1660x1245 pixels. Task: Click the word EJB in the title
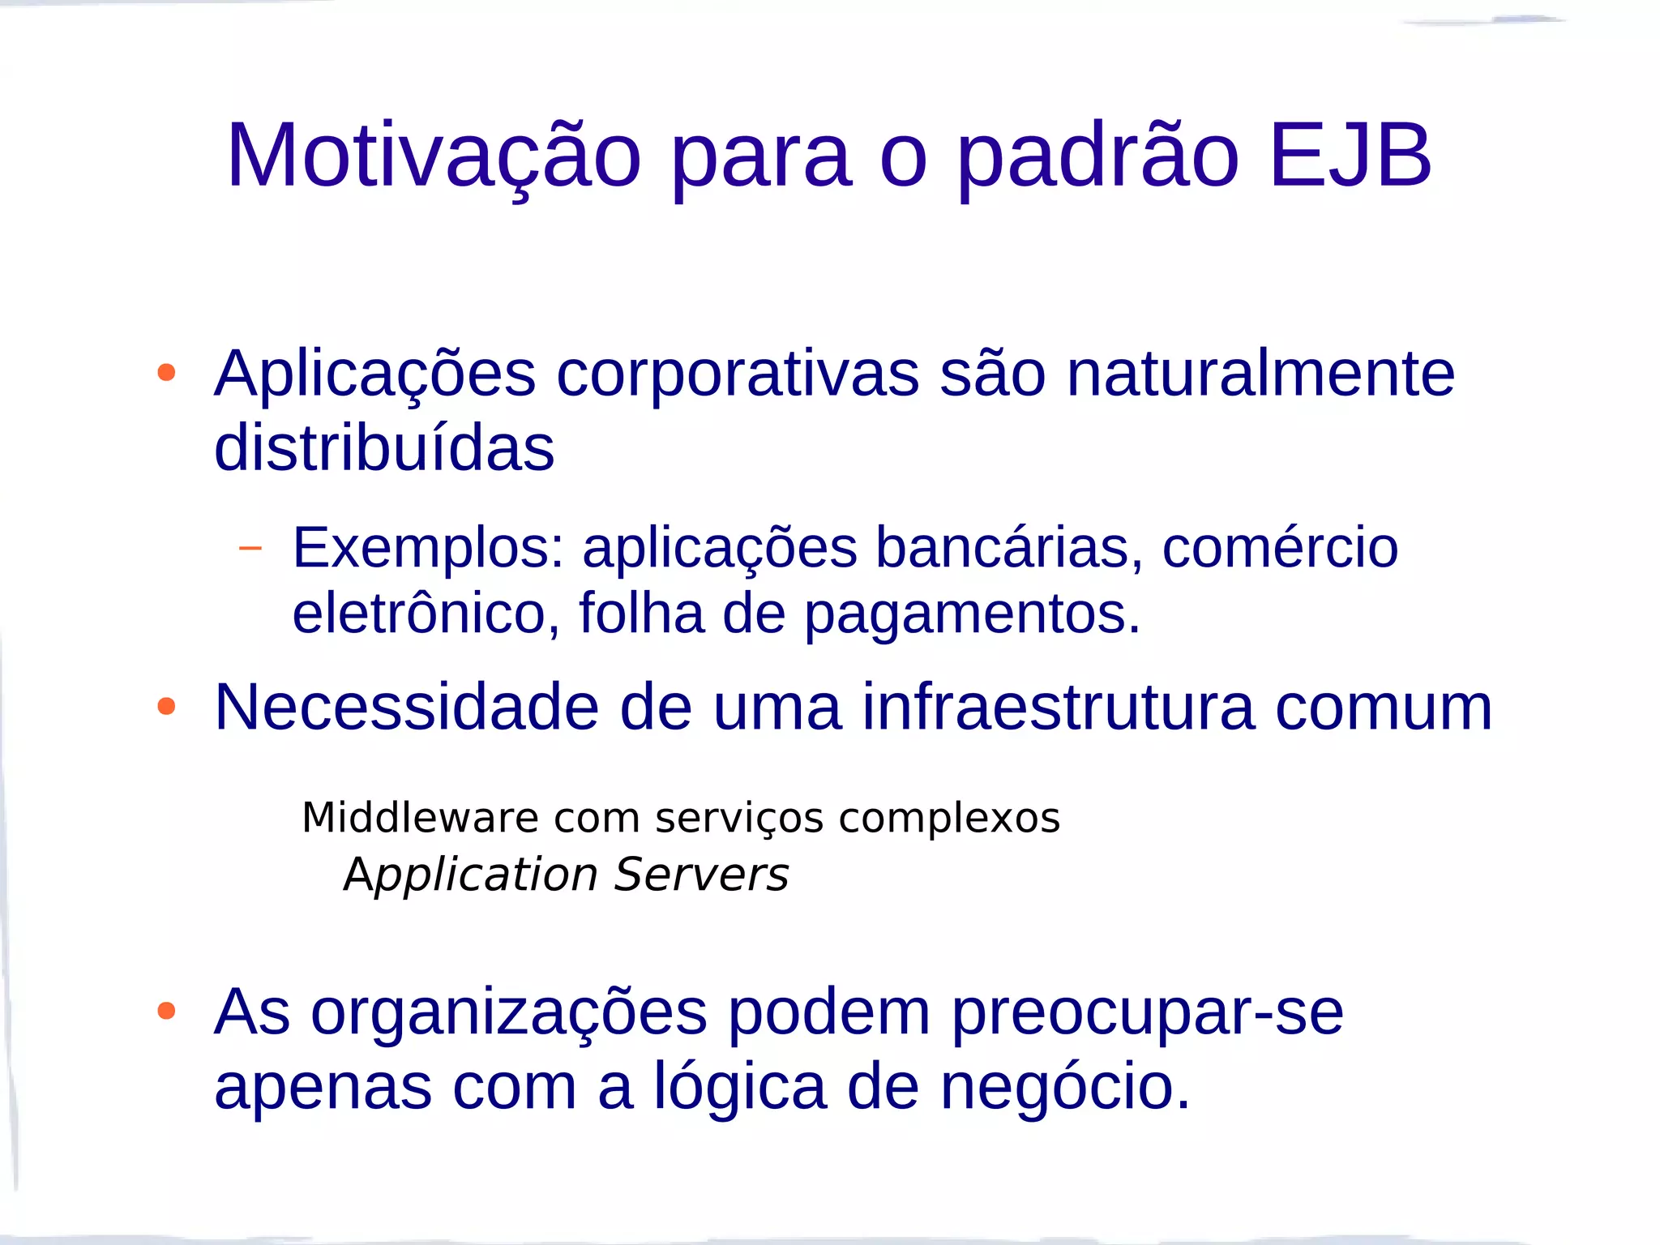tap(1350, 156)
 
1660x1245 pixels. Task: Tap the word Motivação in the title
tap(434, 156)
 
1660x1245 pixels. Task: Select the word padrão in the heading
tap(1098, 156)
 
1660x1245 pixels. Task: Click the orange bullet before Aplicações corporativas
tap(166, 373)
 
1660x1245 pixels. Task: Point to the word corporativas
tap(738, 374)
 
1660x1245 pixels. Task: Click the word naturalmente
tap(1260, 374)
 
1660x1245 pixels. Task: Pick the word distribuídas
tap(384, 447)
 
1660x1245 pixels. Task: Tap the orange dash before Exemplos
tap(250, 549)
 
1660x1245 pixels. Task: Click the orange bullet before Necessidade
tap(166, 707)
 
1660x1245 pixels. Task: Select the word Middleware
tap(420, 817)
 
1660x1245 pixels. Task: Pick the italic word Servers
tap(701, 875)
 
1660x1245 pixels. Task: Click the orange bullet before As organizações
tap(166, 1011)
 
